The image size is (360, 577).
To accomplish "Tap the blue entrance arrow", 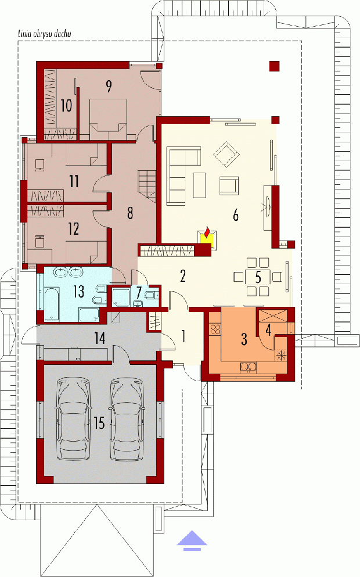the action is (x=192, y=540).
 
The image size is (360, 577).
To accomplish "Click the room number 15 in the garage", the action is (x=99, y=423).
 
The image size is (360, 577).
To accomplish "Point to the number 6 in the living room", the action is (x=236, y=214).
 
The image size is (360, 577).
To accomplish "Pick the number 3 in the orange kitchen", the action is (x=244, y=339).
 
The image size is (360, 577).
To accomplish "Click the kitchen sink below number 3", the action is (x=248, y=367).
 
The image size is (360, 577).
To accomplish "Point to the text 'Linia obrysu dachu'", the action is (x=45, y=34).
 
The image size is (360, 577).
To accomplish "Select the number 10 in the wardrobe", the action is (x=66, y=106).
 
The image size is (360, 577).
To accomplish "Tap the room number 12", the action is (x=74, y=229).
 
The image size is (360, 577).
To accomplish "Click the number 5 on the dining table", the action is (x=258, y=277).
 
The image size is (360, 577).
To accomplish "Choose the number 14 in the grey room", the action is (x=100, y=338).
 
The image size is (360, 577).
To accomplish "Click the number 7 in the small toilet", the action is (x=139, y=293).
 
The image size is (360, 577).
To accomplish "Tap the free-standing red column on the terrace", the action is (x=274, y=66).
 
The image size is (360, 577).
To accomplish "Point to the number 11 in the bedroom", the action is (x=74, y=181).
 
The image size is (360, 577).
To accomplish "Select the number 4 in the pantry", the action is (x=268, y=330).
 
